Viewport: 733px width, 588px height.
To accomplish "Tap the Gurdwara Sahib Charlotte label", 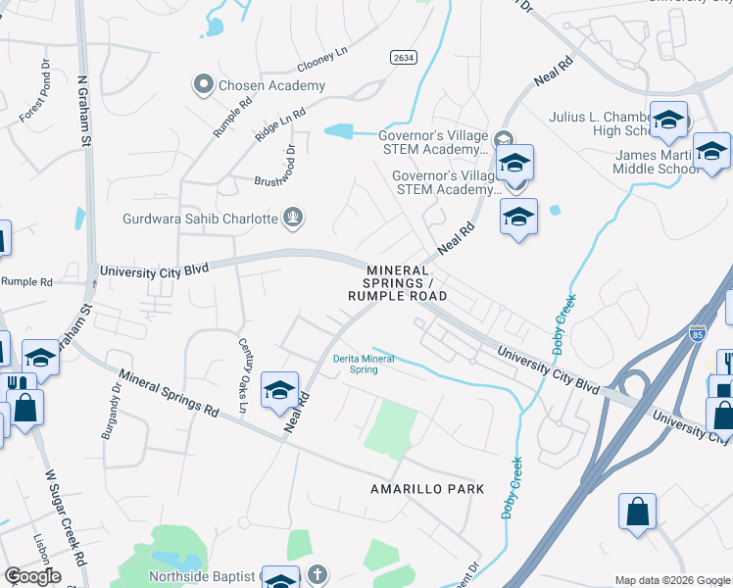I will point(201,219).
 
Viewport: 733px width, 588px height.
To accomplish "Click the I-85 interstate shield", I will point(698,333).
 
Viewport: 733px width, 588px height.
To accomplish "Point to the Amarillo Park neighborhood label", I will point(427,488).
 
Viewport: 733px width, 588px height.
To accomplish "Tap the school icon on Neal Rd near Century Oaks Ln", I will point(279,391).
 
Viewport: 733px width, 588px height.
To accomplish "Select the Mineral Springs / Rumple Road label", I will point(397,282).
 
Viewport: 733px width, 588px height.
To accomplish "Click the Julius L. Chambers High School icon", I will point(668,121).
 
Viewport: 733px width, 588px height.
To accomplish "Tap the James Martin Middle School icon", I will point(711,151).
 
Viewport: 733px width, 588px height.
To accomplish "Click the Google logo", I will point(32,576).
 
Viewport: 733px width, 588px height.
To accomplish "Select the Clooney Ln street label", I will point(321,63).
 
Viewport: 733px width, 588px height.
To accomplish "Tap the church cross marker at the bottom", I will point(317,574).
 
